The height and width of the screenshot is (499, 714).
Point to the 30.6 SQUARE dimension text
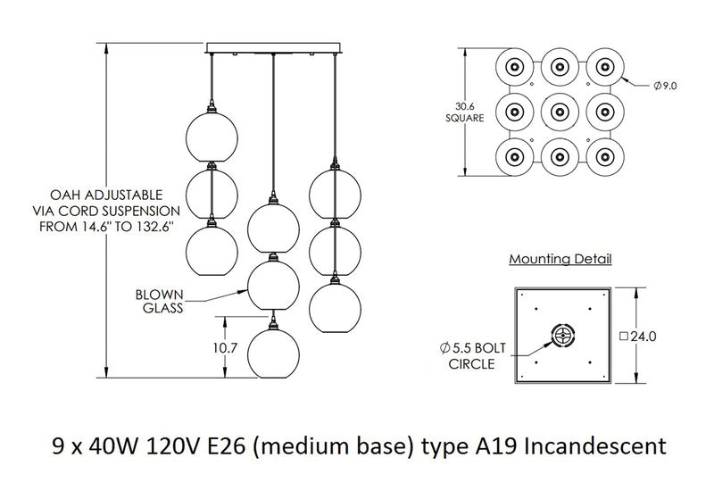coord(465,110)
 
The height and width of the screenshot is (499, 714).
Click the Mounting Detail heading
coord(560,260)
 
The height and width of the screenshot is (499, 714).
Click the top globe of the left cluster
coord(212,136)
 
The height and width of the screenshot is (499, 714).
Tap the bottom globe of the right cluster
coord(334,305)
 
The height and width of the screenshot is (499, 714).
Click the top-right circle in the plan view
coord(606,67)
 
